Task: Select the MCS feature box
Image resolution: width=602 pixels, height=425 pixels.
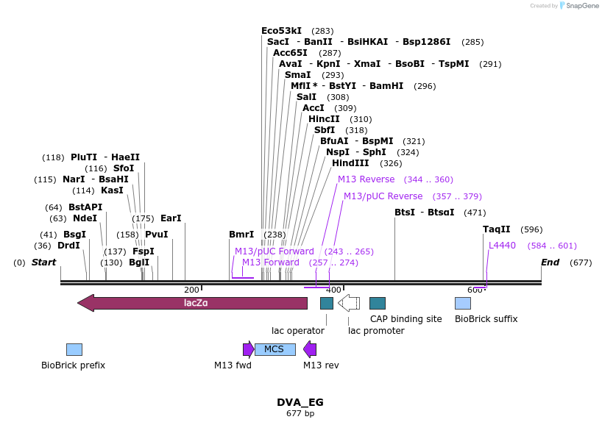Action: tap(275, 349)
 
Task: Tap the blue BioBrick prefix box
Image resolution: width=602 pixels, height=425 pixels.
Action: tap(74, 349)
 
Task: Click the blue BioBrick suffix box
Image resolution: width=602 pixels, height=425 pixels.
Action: tap(463, 303)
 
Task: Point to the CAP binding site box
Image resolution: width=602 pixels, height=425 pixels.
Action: tap(378, 303)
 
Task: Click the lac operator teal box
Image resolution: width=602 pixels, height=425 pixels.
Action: tap(327, 303)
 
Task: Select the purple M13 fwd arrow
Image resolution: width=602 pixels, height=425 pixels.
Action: tap(249, 349)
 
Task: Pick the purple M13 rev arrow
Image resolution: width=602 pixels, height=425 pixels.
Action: tap(310, 349)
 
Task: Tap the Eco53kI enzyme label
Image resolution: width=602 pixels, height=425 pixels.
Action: tap(281, 31)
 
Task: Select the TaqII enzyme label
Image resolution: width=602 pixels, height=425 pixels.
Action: tap(496, 229)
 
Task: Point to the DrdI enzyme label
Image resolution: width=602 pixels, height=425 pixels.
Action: tap(68, 246)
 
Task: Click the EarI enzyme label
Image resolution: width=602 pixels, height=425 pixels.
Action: tap(170, 218)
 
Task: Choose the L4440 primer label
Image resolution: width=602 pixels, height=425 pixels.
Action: tap(502, 246)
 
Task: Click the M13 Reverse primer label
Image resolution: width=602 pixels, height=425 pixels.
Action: tap(366, 179)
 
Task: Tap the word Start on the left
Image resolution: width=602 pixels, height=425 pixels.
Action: tap(43, 262)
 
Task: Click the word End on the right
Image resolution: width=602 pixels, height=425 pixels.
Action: tap(550, 262)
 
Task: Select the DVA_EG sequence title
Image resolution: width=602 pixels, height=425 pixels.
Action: tap(300, 402)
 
